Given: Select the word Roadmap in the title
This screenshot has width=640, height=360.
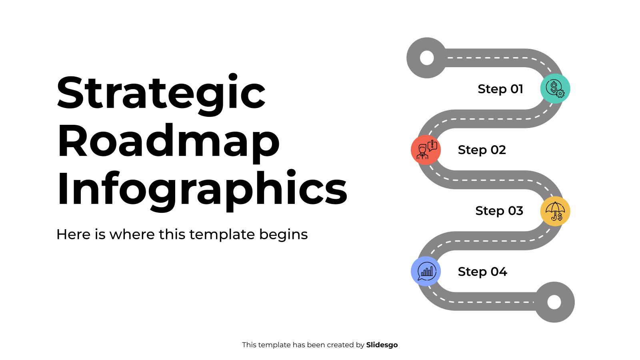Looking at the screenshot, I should point(168,141).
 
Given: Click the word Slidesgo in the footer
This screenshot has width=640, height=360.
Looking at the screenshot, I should point(382,345).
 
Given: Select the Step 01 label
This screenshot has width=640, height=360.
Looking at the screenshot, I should point(500,89).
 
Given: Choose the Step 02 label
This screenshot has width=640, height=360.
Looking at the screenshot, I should point(482,150).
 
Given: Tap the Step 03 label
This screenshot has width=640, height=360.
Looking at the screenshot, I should point(499,211).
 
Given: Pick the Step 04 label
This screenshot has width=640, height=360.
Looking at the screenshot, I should point(482,272).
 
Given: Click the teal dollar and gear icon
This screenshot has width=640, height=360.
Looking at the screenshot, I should point(555,88).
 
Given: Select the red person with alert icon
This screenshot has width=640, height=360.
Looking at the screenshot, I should point(426,150).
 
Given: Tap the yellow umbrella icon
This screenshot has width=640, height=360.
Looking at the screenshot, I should point(555,211).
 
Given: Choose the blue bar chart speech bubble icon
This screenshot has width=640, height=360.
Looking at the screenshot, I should point(426,271).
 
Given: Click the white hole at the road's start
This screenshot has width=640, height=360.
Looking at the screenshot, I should point(427,58).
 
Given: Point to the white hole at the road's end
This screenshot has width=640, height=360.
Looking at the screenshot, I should point(554,302).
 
